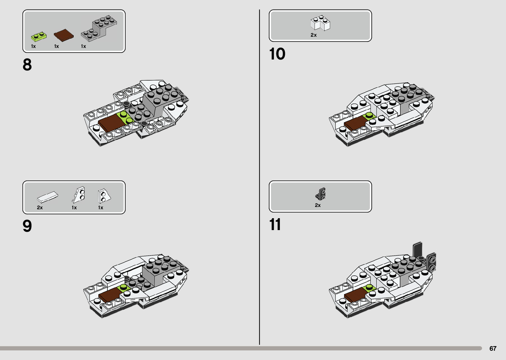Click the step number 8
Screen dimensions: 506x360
point(27,65)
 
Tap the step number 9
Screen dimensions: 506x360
point(27,226)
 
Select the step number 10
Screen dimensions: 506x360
point(277,54)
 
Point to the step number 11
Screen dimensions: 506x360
point(275,224)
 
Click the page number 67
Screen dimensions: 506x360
point(493,348)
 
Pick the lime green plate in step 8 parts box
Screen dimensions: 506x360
point(39,36)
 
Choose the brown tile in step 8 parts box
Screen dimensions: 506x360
point(63,35)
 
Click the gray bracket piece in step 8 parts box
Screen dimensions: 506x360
point(99,28)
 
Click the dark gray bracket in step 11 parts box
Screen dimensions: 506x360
point(321,194)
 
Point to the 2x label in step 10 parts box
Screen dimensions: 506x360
point(313,35)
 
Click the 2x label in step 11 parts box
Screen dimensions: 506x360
point(318,205)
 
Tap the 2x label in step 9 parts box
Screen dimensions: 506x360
point(40,208)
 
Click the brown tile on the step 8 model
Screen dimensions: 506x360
point(110,123)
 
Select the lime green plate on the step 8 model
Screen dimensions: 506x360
point(125,117)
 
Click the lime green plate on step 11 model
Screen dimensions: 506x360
point(370,288)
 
